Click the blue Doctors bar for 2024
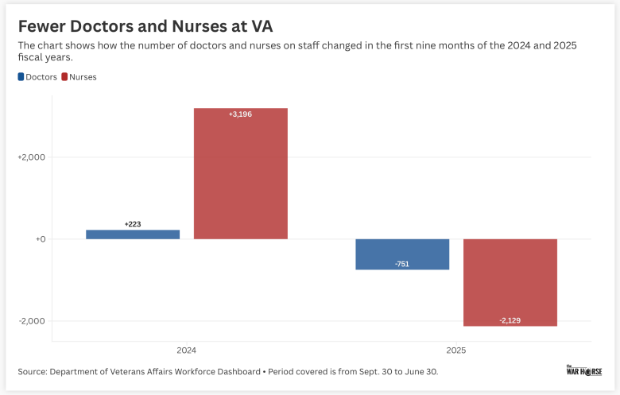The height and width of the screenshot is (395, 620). click(x=133, y=234)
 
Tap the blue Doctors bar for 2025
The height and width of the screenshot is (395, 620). click(x=402, y=254)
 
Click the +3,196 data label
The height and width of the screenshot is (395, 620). click(x=241, y=114)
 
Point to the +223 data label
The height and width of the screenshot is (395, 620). click(x=133, y=224)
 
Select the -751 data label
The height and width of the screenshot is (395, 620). click(x=402, y=263)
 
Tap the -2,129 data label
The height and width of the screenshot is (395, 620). click(x=510, y=319)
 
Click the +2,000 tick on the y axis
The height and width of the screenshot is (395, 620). click(x=32, y=157)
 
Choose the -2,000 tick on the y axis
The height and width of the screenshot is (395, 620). click(x=33, y=321)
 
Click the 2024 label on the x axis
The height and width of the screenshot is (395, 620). click(x=187, y=350)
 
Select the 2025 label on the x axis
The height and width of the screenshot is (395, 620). click(x=456, y=350)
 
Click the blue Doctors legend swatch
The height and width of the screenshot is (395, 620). click(x=21, y=76)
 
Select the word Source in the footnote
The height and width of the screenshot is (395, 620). click(x=33, y=371)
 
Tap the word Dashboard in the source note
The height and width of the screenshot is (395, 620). click(x=234, y=371)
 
